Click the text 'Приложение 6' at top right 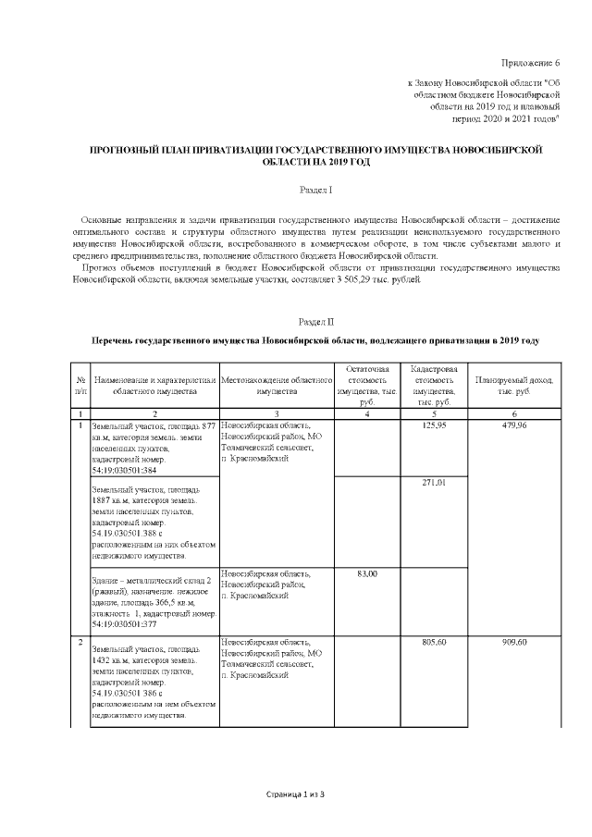530,63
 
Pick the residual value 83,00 367,573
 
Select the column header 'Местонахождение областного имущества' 277,386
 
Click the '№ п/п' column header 79,386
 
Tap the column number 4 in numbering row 367,412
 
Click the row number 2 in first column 80,641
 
